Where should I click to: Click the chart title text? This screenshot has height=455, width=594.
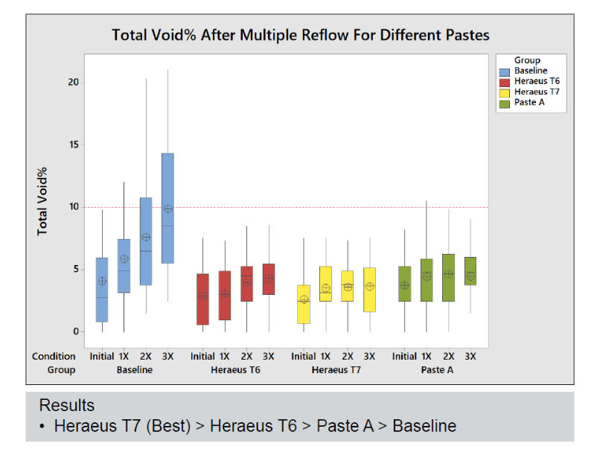tap(300, 35)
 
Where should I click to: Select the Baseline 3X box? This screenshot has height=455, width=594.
tap(167, 209)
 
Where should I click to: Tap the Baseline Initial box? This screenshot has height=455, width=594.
tap(102, 290)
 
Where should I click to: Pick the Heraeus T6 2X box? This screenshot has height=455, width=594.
tap(246, 284)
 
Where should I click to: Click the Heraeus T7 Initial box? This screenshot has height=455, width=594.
tap(304, 304)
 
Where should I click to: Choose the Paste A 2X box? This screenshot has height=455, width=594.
tap(448, 277)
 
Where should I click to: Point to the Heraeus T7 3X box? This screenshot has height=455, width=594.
tap(369, 290)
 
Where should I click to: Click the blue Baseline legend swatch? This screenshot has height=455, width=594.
tap(505, 71)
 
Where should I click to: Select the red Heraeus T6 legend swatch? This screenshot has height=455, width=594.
tap(505, 81)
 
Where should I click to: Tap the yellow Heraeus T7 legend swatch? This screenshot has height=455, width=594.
tap(505, 92)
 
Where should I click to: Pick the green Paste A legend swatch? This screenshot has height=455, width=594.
tap(505, 102)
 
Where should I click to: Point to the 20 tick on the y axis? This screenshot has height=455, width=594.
tap(74, 82)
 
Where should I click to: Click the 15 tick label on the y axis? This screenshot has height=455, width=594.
tap(74, 144)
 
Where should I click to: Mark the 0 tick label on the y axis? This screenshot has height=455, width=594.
tap(76, 331)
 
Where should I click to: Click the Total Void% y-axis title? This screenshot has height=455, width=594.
tap(43, 201)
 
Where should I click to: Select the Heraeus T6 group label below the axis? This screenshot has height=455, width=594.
tap(236, 369)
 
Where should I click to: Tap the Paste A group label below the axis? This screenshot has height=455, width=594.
tap(437, 369)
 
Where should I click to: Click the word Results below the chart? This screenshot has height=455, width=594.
tap(67, 406)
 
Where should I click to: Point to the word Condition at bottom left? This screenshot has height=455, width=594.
tap(54, 357)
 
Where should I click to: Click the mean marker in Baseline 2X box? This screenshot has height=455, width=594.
tap(146, 237)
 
